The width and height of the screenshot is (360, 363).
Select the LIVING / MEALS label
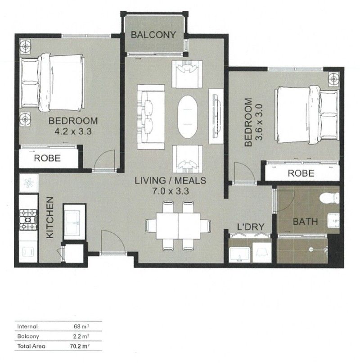(x=171, y=181)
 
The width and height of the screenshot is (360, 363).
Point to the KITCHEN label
(x=50, y=218)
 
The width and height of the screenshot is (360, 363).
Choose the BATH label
(x=306, y=222)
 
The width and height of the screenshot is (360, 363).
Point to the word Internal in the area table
(x=27, y=326)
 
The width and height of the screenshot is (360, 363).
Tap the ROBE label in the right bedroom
(x=301, y=173)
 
